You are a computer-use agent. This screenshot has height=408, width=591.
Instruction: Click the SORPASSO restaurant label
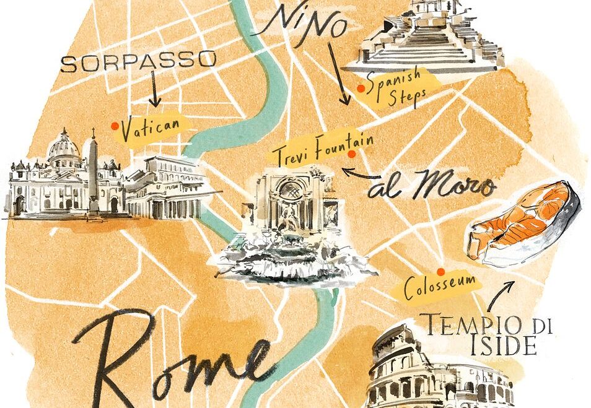(139, 61)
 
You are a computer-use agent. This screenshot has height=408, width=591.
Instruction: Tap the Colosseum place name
(440, 287)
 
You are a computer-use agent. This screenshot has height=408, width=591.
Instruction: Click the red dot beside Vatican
(115, 126)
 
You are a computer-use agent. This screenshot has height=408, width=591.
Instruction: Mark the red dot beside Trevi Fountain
(351, 154)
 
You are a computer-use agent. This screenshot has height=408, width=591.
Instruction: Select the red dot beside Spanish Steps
(360, 89)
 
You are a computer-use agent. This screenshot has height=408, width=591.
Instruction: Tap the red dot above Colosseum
(440, 271)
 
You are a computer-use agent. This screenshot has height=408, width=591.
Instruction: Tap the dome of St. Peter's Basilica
(64, 146)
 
